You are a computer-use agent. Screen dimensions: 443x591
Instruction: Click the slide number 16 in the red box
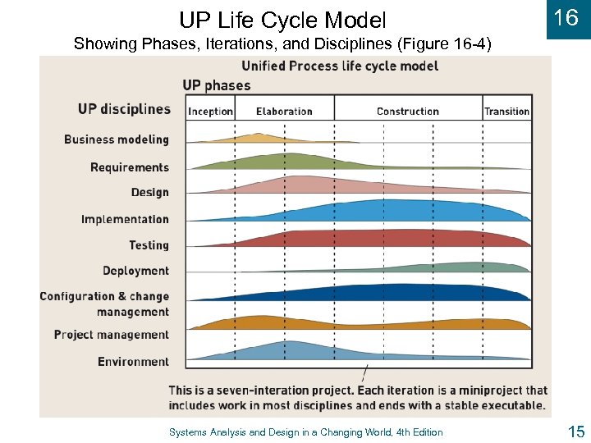566,18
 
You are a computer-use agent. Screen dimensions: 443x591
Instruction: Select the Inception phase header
211,112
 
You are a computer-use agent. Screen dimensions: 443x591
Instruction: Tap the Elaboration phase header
284,112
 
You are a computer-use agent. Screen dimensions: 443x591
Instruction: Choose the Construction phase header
408,112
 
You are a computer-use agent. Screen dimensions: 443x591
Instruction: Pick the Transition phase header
506,112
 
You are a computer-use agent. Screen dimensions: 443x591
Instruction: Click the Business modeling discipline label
117,139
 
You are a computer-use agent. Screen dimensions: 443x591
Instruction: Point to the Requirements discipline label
130,167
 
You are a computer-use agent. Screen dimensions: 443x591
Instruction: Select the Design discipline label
150,193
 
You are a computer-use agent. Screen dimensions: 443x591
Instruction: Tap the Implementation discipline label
125,219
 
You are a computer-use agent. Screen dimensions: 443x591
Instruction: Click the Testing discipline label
149,245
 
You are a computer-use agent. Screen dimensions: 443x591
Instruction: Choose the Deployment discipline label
135,271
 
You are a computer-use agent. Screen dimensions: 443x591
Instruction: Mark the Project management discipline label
112,335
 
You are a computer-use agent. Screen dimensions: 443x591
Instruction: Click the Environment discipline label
133,362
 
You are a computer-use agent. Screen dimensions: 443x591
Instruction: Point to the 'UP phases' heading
217,85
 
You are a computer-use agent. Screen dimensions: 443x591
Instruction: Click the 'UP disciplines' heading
125,109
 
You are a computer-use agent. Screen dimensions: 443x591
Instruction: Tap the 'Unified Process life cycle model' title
340,66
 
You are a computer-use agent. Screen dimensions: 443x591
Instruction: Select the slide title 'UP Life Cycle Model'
282,19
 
